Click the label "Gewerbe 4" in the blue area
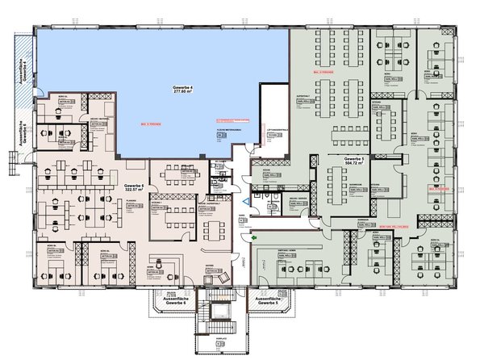182,86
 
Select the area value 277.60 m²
182,92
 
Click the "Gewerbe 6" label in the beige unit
134,186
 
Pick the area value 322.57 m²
134,192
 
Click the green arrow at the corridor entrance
254,238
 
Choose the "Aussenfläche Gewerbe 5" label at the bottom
267,301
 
